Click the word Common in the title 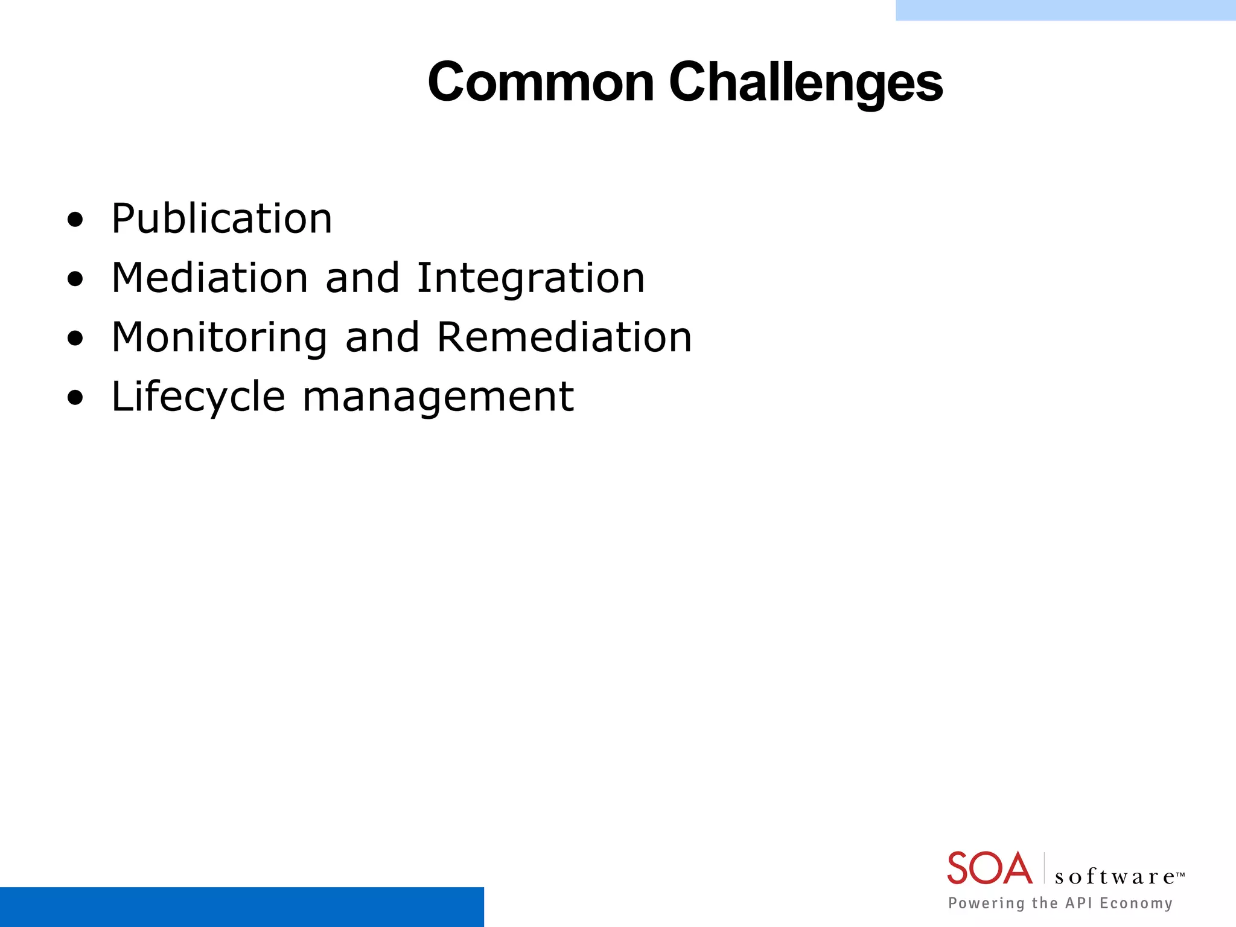541,83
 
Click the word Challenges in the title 806,83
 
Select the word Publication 221,218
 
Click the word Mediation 209,278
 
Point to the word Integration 530,278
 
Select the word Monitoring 219,337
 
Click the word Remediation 564,337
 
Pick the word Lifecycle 198,397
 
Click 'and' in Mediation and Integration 362,278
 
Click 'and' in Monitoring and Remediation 382,337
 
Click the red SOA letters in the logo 989,868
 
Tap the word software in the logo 1115,877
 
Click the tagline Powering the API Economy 1060,903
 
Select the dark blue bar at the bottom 241,906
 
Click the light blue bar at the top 1065,10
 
